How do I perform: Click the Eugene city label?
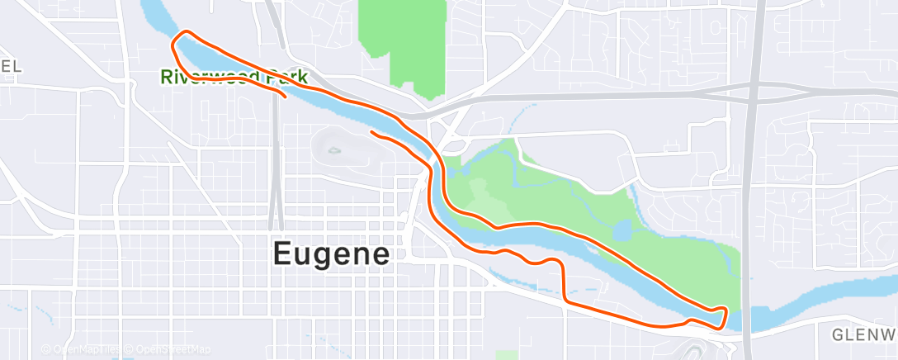coord(331,253)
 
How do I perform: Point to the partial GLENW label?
coord(863,334)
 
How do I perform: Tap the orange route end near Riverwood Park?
coord(285,97)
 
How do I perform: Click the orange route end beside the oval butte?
coord(373,132)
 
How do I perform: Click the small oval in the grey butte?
coord(333,150)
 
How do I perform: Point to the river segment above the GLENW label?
coord(825,297)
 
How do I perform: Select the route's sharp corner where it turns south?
coord(562,264)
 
